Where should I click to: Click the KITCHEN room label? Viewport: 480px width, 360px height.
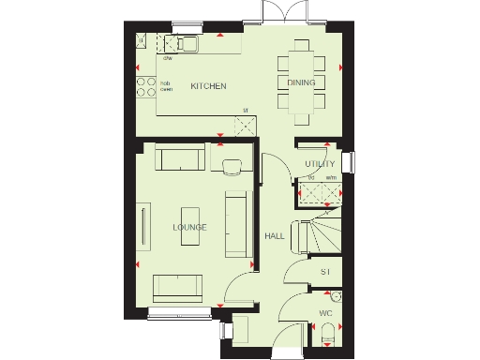tap(208, 86)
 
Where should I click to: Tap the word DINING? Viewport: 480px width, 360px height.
tap(301, 82)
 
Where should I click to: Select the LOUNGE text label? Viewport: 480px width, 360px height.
tap(189, 228)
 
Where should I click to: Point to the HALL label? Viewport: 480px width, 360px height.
tap(275, 236)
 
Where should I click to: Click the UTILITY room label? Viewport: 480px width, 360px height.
tap(320, 164)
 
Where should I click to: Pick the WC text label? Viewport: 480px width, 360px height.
tap(325, 312)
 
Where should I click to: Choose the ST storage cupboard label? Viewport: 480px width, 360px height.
tap(325, 272)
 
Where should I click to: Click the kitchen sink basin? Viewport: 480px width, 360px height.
tap(186, 44)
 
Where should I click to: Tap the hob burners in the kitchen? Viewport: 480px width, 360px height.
tap(147, 86)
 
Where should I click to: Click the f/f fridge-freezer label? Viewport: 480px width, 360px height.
tap(246, 112)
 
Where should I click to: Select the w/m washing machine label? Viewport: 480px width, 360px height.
tap(331, 177)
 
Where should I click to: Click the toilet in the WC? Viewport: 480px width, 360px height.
tap(326, 333)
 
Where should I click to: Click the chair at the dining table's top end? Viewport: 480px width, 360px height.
tap(301, 44)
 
